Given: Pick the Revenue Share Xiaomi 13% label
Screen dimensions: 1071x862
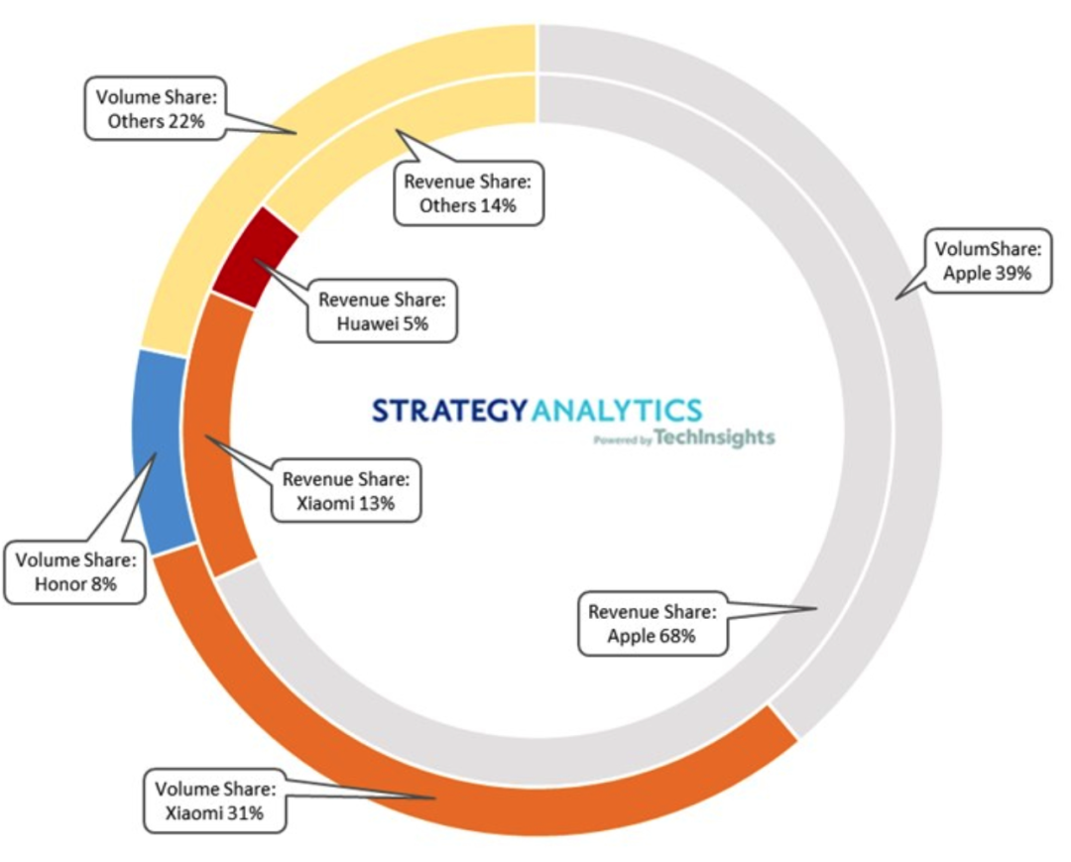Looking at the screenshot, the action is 345,490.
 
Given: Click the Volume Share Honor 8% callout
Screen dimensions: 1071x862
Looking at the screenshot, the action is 74,572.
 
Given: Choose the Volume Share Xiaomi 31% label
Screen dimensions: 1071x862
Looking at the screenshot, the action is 215,801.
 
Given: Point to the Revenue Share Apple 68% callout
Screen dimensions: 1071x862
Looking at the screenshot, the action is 652,624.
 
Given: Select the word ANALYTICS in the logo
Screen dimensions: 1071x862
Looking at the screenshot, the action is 617,411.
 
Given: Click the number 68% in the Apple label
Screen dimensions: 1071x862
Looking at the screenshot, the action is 675,636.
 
